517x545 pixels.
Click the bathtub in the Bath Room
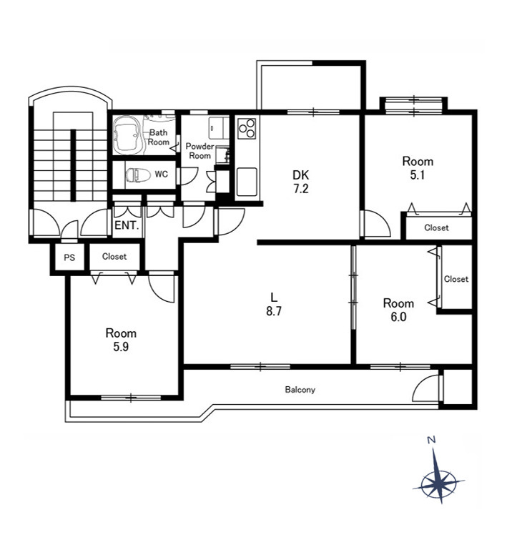coord(127,135)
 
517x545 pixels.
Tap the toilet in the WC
coord(138,175)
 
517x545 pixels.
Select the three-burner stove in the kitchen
coord(247,128)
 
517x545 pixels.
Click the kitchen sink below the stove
coord(247,182)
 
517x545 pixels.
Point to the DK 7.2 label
coord(300,182)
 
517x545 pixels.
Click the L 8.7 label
coord(274,304)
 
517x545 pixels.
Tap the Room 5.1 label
coord(418,168)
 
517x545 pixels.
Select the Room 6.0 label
coord(398,310)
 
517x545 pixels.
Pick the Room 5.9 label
coord(121,340)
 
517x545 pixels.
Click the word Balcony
coord(300,390)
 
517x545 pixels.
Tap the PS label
coord(69,257)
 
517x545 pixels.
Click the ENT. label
coord(127,225)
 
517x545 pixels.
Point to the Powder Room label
coord(200,151)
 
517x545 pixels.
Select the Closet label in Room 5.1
coord(436,227)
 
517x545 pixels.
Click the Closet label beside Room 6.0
coord(456,279)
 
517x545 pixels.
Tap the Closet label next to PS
coord(114,257)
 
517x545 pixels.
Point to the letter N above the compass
coord(431,441)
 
